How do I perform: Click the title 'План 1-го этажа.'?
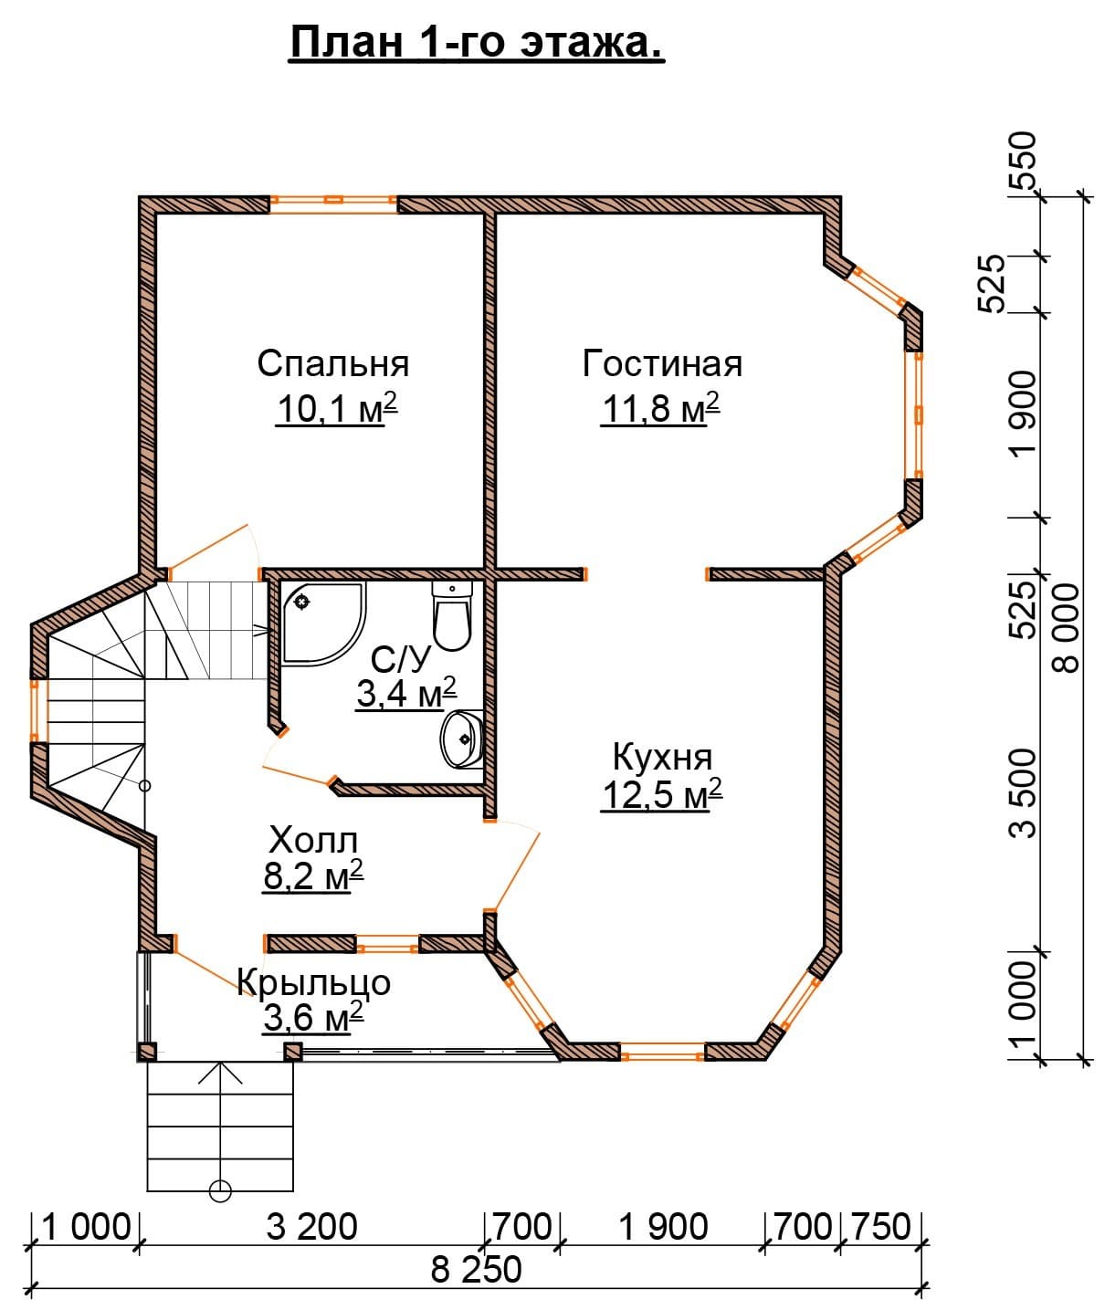point(477,43)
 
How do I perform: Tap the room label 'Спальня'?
point(333,364)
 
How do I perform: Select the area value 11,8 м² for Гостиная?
point(661,408)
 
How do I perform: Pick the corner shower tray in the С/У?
point(322,623)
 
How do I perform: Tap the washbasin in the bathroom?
point(462,739)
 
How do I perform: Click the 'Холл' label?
point(313,840)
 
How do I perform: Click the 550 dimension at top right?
point(1022,162)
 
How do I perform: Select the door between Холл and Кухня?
point(513,865)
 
